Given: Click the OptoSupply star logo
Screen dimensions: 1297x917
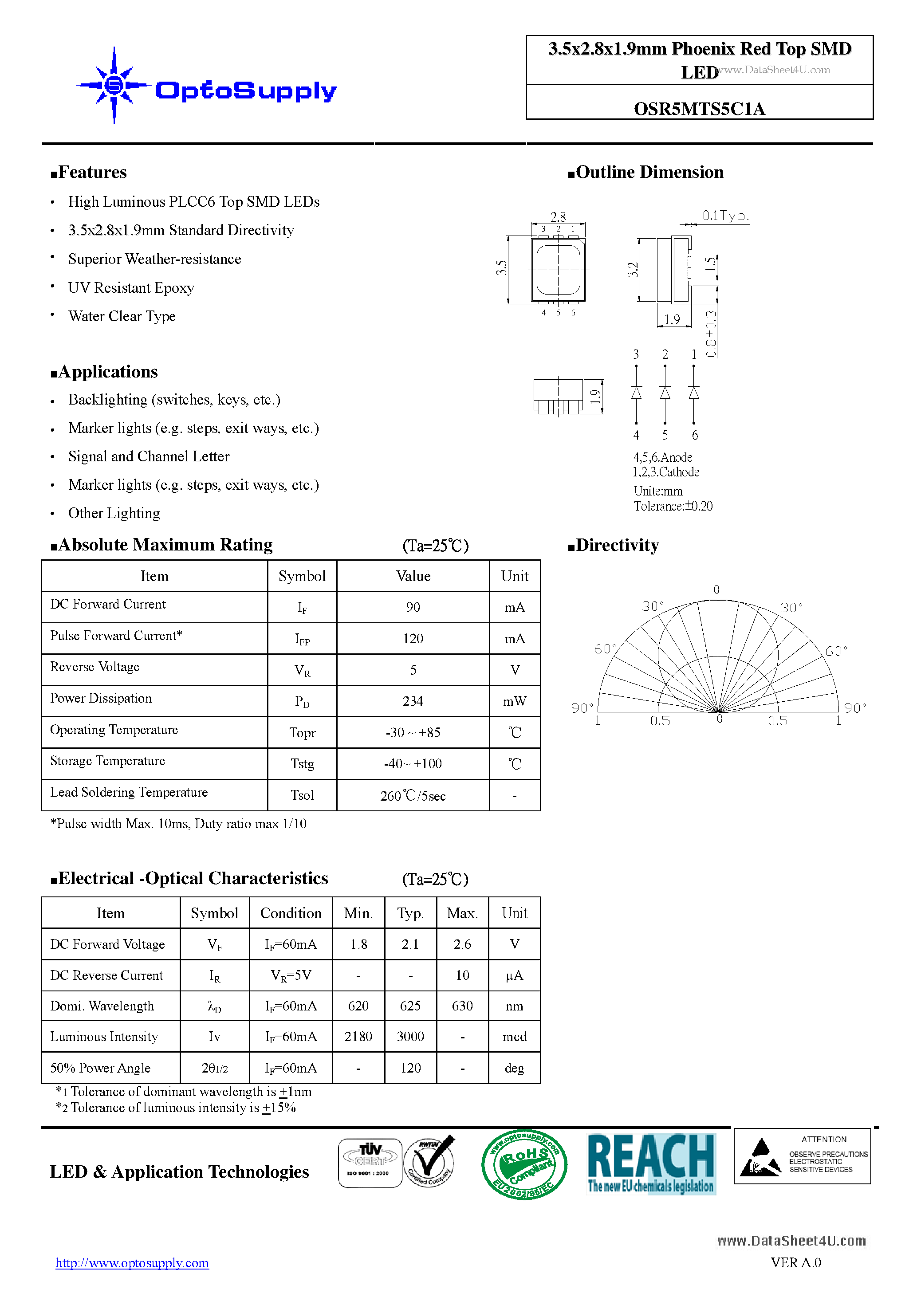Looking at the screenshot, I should click(114, 85).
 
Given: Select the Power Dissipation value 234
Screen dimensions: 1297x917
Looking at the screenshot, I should click(413, 701).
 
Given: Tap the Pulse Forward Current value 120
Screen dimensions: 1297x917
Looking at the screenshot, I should click(413, 638).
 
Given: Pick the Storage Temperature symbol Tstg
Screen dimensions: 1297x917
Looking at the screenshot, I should click(302, 764).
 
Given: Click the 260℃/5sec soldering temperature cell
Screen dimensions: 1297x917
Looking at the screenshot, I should click(413, 795).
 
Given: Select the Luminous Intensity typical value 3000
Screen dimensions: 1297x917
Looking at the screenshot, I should click(410, 1037).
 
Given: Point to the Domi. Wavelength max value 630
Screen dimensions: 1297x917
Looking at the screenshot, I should click(462, 1006).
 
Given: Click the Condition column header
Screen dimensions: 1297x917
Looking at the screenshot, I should click(291, 913).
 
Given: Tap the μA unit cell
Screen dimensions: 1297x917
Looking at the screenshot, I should click(514, 975).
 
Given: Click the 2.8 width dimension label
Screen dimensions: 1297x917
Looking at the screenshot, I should click(558, 217).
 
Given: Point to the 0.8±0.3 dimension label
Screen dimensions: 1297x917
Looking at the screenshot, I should click(711, 333).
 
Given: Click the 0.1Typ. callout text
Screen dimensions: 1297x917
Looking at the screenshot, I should click(725, 215).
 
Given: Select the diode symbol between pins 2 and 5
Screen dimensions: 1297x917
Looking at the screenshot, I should click(665, 393).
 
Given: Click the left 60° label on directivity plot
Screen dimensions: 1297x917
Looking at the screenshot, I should click(605, 649).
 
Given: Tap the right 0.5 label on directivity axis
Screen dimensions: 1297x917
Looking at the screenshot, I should click(777, 721).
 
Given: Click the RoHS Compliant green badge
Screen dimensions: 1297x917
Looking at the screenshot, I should click(524, 1164).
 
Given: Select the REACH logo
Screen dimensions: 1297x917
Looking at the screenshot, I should click(651, 1163).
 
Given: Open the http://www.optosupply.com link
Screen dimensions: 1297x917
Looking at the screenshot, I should click(132, 1262).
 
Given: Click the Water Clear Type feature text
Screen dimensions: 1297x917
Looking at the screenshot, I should click(122, 316).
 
